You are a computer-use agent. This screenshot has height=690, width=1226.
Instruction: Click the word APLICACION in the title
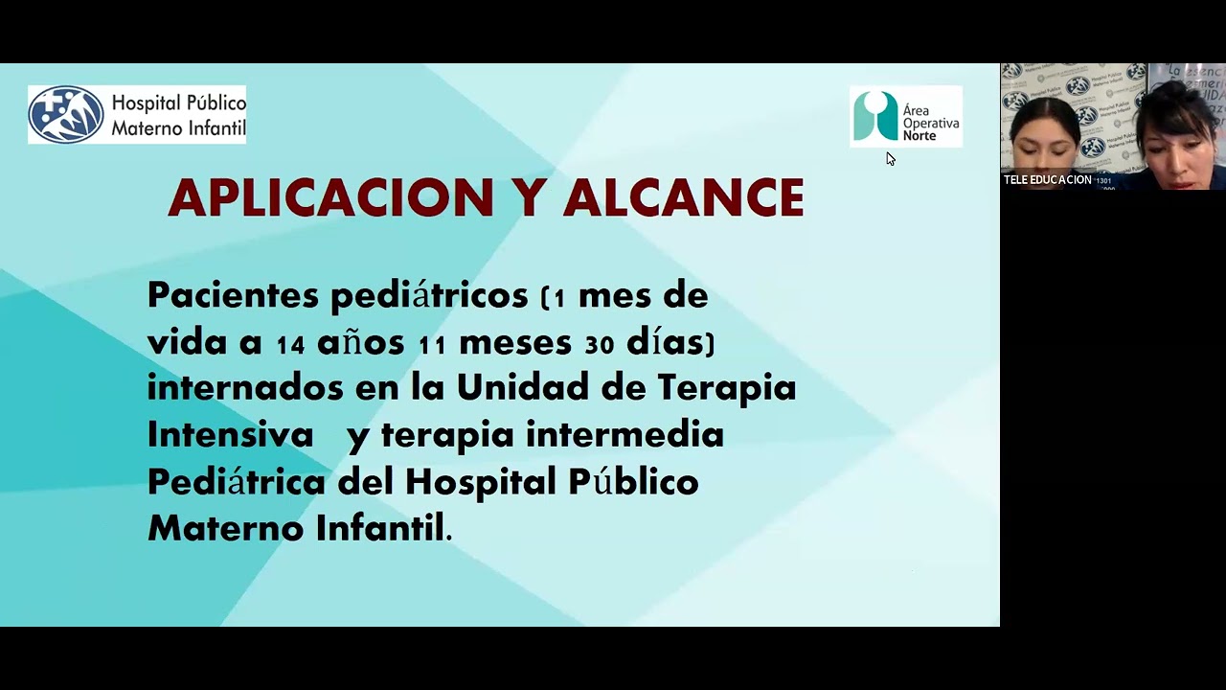[x=330, y=198]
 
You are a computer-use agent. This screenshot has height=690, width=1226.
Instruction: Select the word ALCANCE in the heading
[x=683, y=198]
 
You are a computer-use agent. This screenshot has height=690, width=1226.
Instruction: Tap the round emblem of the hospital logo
[x=66, y=115]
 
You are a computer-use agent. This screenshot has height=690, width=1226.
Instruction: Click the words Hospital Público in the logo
[x=178, y=103]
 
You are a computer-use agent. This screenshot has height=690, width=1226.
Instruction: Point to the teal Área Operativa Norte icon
[x=874, y=116]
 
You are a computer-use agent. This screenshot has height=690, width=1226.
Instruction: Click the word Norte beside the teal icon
[x=919, y=136]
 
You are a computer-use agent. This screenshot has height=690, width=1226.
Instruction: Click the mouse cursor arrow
[x=890, y=158]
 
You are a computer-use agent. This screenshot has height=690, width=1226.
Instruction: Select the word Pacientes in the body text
[x=233, y=295]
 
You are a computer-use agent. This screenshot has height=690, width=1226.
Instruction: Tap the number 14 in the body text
[x=290, y=344]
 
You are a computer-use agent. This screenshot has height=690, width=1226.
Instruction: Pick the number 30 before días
[x=599, y=344]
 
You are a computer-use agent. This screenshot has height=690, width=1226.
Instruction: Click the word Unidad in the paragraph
[x=522, y=387]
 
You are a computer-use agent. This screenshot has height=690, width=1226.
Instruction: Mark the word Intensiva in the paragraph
[x=230, y=435]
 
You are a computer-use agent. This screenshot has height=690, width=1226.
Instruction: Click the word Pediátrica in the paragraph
[x=236, y=481]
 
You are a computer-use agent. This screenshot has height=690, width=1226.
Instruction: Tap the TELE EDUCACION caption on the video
[x=1047, y=180]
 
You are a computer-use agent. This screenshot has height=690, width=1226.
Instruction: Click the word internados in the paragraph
[x=245, y=387]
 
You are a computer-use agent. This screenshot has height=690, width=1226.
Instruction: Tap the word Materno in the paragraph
[x=225, y=528]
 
